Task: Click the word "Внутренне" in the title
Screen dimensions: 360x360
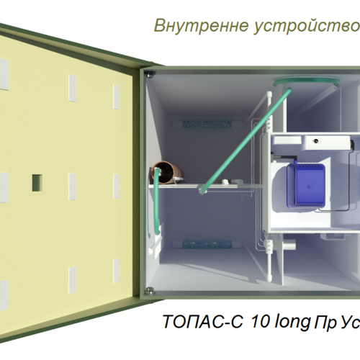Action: click(x=201, y=25)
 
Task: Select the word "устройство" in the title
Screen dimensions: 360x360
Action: click(x=307, y=27)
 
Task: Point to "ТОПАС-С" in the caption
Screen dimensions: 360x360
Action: click(x=203, y=321)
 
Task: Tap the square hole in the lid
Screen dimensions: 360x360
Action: click(x=37, y=183)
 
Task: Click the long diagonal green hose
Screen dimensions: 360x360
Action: click(x=246, y=140)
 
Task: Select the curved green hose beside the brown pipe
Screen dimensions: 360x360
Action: click(x=156, y=202)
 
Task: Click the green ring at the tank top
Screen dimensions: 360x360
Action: click(x=307, y=82)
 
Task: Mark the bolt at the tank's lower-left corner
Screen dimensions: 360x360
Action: click(x=150, y=291)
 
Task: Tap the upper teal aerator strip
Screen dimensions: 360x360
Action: click(x=207, y=124)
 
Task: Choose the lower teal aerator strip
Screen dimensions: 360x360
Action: click(x=207, y=244)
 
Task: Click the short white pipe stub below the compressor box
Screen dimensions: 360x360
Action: click(x=289, y=246)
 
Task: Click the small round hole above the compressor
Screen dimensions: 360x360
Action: click(x=316, y=140)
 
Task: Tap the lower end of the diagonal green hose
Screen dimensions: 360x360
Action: click(x=201, y=191)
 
